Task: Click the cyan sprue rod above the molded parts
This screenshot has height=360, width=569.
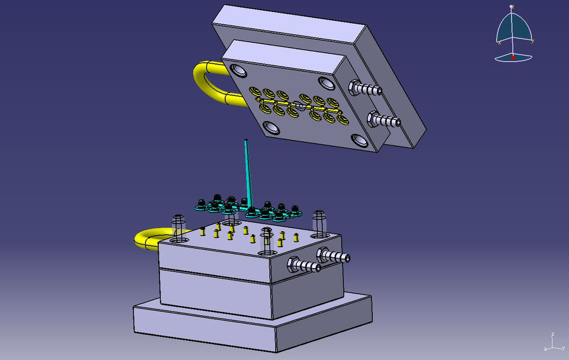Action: tap(247, 172)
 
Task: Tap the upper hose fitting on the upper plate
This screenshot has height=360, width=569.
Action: tap(366, 90)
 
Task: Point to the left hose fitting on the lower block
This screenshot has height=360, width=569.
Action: tap(304, 265)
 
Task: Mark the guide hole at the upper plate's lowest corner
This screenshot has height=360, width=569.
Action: tap(359, 141)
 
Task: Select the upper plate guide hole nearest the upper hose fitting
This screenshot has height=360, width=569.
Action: tap(327, 81)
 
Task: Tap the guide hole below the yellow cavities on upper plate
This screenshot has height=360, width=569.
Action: tap(272, 127)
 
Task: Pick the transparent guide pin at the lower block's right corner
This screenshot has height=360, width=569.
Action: tap(319, 223)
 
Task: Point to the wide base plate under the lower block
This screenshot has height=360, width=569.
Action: tap(255, 326)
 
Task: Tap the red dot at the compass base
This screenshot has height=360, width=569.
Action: tap(513, 58)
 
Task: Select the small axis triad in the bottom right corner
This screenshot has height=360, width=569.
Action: tap(552, 342)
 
